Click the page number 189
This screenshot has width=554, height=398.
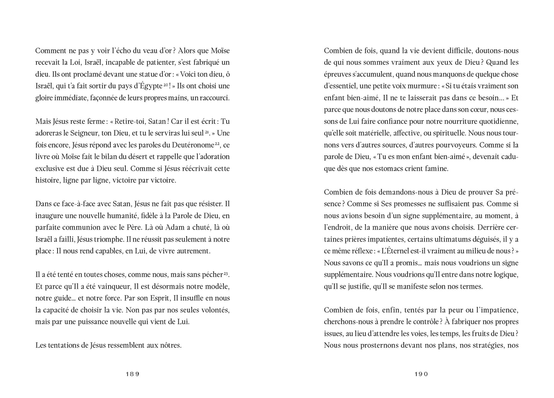click(x=132, y=374)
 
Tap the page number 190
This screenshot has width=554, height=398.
click(x=421, y=374)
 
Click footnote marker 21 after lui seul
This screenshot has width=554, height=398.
click(x=206, y=132)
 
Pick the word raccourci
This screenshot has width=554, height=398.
click(x=214, y=98)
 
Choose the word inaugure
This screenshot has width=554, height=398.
click(x=49, y=216)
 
